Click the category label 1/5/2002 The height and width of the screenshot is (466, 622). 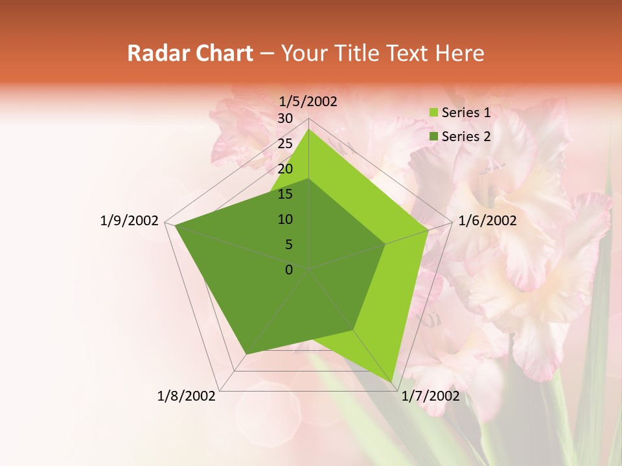coord(308,102)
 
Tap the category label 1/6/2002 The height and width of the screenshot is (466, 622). coord(487,221)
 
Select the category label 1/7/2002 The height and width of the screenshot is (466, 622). coord(431,396)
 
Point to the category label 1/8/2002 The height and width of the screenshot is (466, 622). coord(187,396)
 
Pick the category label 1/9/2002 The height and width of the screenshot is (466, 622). coord(130,221)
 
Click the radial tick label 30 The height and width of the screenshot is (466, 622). coord(285,118)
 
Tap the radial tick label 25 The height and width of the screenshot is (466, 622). coord(285,144)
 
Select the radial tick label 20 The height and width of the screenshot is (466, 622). coord(285,169)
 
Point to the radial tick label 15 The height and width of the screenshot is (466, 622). coord(285,194)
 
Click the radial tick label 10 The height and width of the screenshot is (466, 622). coord(285,219)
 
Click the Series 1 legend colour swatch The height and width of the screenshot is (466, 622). coord(433,113)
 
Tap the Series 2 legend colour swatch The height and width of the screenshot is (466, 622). coord(433,137)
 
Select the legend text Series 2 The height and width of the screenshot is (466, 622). coord(466,137)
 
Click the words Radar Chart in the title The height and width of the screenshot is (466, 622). coord(190,53)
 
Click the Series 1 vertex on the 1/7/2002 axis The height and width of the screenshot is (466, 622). coord(393,383)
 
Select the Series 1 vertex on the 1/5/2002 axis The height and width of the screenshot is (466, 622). coord(308,129)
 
